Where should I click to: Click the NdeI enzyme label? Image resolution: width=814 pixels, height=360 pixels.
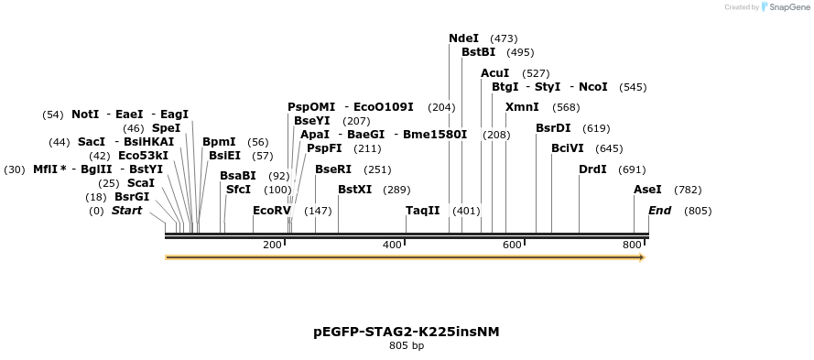[463, 38]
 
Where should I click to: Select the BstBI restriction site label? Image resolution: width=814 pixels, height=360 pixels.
[478, 52]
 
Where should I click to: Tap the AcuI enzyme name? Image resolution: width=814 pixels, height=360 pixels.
[494, 73]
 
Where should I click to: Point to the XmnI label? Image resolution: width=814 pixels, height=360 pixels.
[522, 107]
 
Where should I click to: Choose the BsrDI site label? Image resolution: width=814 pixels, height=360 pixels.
[553, 128]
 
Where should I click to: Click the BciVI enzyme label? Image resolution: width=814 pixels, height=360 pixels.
[568, 148]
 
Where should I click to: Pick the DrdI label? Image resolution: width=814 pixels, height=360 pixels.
[592, 169]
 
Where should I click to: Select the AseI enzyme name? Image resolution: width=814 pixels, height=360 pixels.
[647, 190]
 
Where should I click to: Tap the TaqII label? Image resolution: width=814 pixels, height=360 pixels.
[422, 211]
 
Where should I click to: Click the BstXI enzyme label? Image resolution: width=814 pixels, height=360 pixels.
[354, 190]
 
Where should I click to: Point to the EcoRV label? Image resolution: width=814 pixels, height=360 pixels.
[271, 211]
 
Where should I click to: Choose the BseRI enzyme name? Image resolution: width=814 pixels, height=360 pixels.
[333, 169]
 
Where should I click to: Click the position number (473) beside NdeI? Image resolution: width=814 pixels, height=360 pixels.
[504, 38]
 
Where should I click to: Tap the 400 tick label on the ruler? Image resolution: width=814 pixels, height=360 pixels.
[393, 245]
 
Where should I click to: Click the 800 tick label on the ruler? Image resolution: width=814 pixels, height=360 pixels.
[633, 245]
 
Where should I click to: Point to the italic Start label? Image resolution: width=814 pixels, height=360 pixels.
[126, 211]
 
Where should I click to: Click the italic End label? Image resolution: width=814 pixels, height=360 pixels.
[659, 211]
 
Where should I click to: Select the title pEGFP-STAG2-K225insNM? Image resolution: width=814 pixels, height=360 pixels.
[407, 331]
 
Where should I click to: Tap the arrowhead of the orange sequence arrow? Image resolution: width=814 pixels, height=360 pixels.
[641, 257]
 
